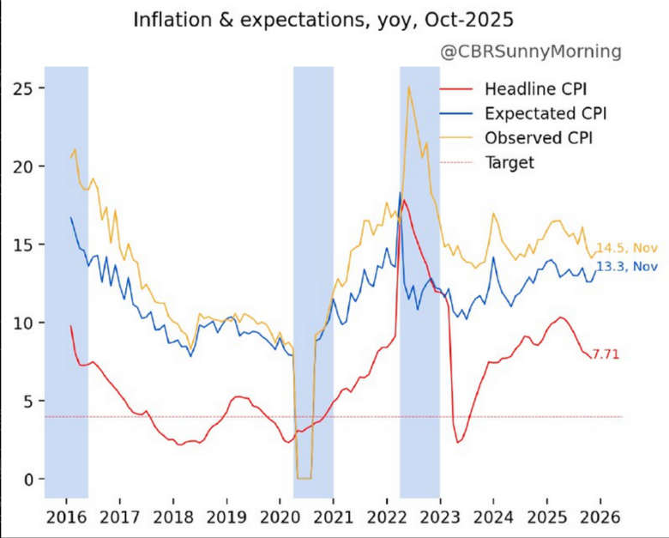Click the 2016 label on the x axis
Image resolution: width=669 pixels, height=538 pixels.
(x=66, y=517)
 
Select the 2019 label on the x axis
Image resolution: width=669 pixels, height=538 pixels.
(x=226, y=517)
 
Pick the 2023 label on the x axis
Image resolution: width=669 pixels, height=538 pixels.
(x=439, y=517)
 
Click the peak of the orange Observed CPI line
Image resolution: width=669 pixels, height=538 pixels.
(x=408, y=87)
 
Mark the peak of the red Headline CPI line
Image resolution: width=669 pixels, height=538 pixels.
(x=403, y=201)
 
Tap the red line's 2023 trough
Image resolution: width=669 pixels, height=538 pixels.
(x=459, y=443)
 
